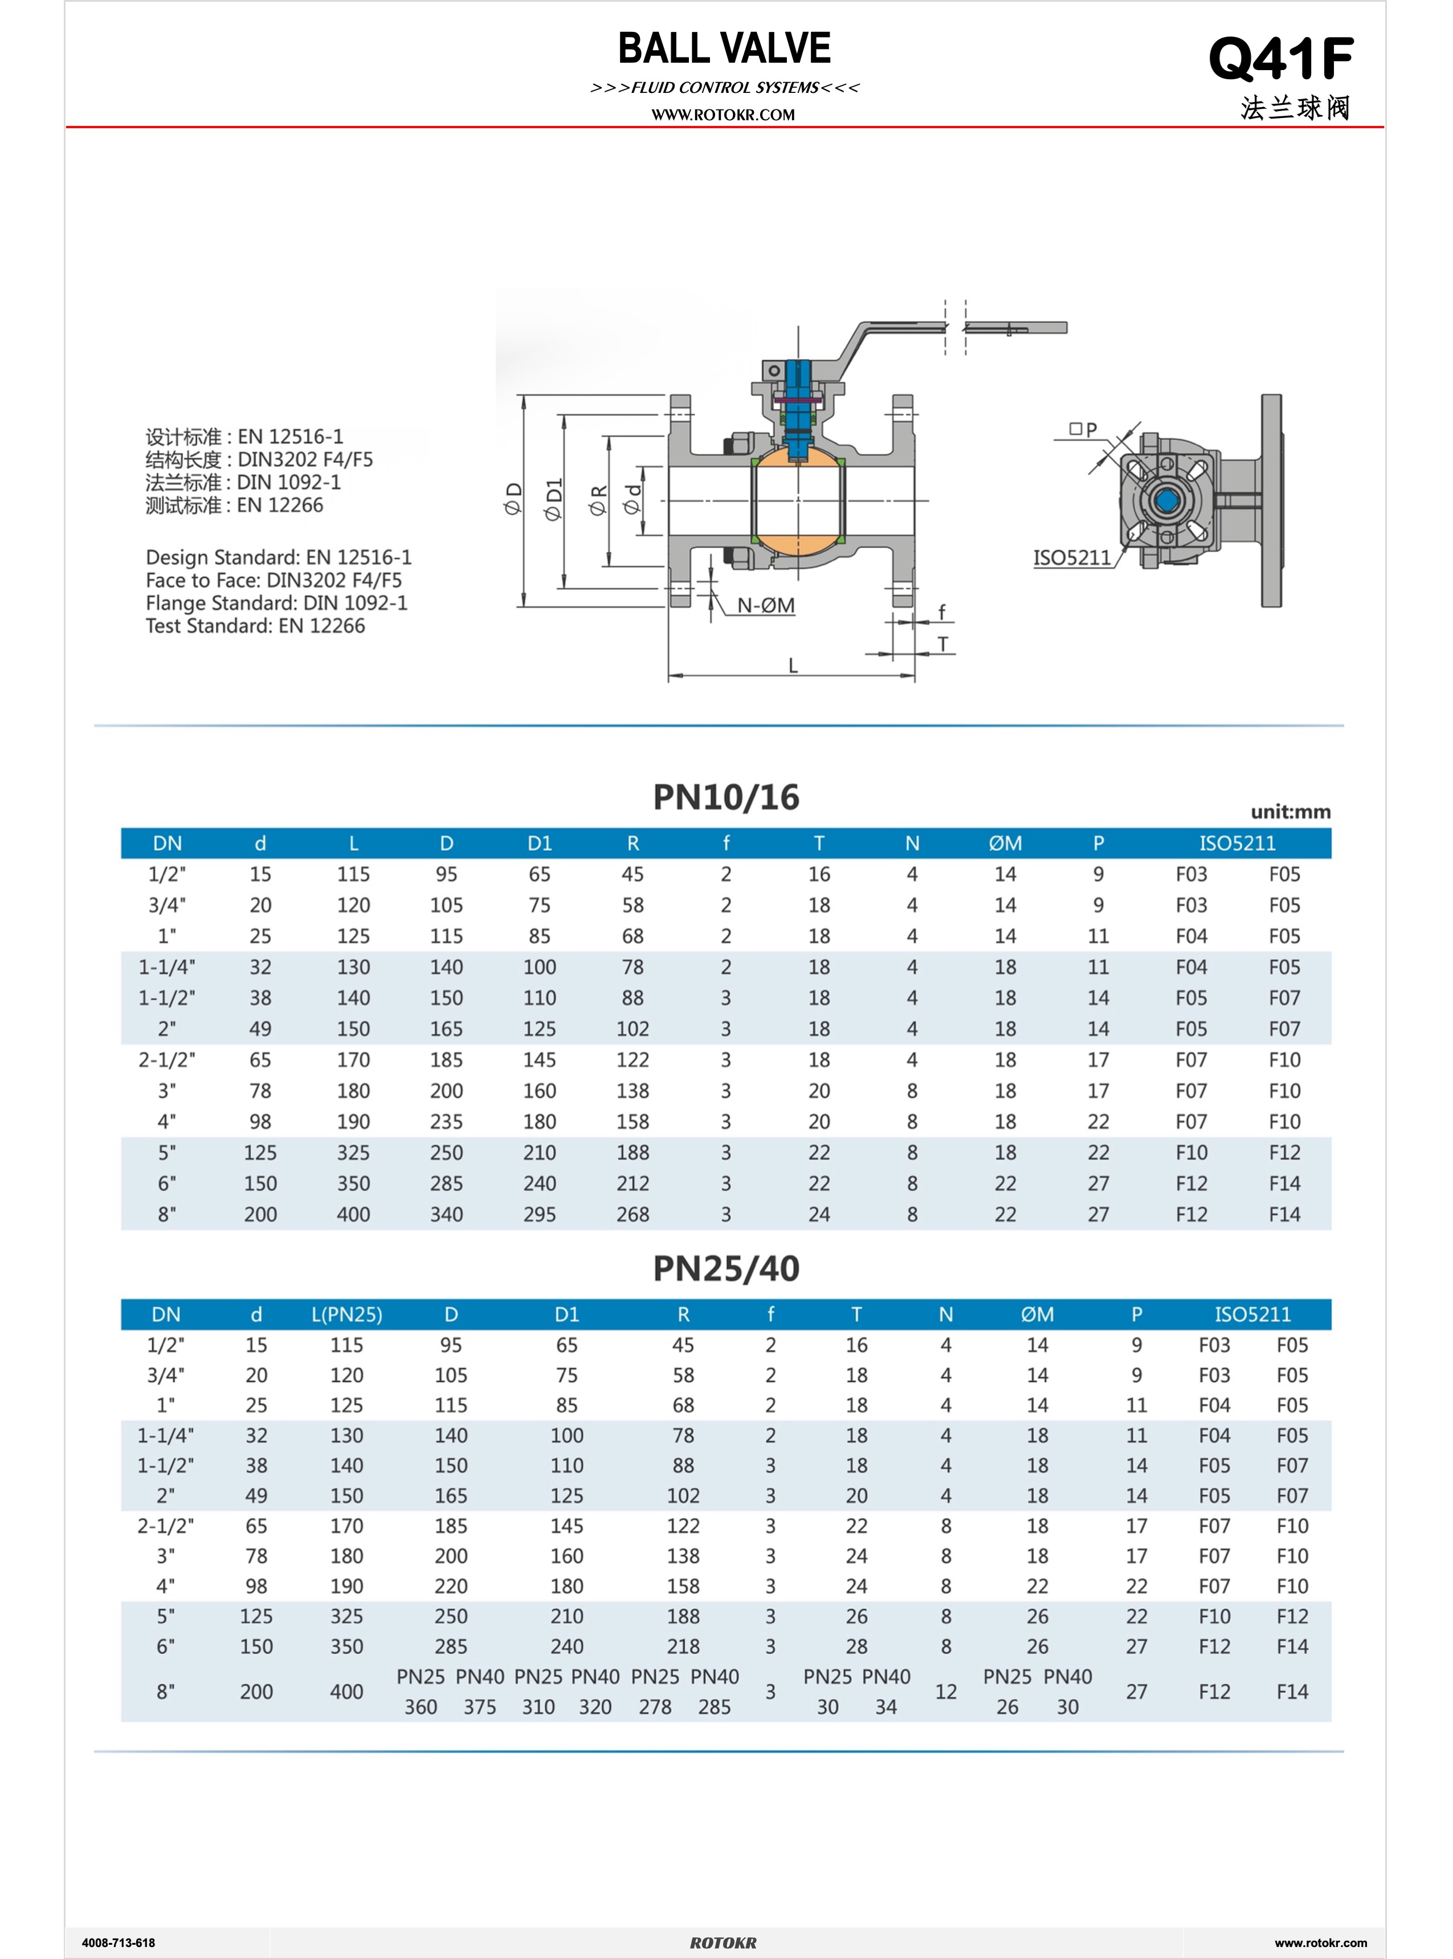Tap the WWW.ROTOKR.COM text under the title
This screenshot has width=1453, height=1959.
point(723,115)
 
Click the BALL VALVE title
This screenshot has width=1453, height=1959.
point(724,48)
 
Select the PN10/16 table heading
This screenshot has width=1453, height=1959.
point(725,797)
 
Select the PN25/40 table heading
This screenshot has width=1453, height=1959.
point(725,1268)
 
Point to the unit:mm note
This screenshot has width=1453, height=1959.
point(1290,812)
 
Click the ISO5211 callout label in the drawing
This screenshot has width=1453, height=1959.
point(1071,557)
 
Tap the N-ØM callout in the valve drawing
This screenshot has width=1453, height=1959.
point(765,605)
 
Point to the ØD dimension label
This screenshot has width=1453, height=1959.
point(513,498)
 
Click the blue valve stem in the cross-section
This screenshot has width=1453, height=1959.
point(798,413)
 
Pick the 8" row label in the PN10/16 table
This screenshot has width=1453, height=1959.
point(167,1214)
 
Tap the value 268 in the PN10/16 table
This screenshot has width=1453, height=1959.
point(632,1214)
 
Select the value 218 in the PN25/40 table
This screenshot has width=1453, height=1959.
point(683,1646)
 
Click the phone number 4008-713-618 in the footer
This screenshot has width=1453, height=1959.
point(118,1942)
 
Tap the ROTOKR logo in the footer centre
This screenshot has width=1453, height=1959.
point(723,1942)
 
